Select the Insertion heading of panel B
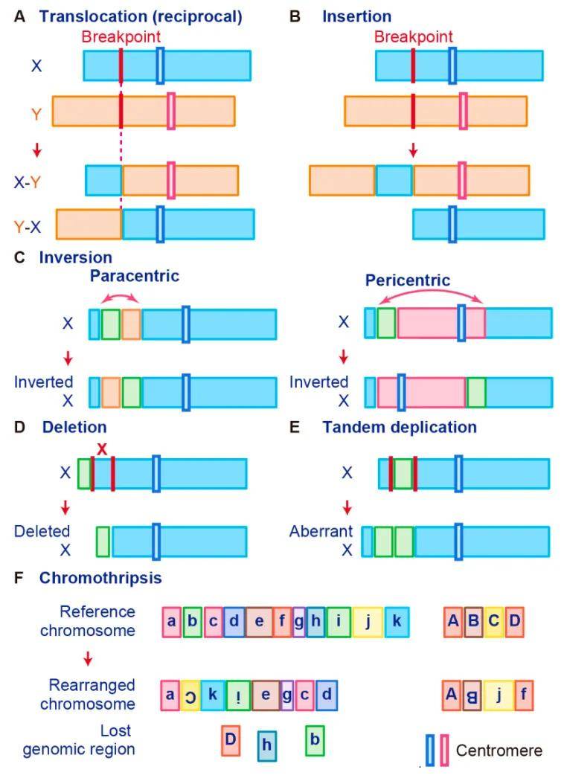(356, 16)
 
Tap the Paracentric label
(135, 276)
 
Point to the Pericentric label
(408, 280)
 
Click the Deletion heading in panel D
(74, 427)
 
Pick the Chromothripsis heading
(100, 578)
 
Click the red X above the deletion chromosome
(102, 449)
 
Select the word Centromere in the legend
(499, 750)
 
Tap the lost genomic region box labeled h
(267, 745)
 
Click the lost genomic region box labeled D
(231, 739)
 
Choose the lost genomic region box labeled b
(315, 740)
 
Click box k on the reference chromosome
(397, 622)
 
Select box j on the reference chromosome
(368, 622)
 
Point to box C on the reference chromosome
(494, 622)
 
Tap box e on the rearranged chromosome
(266, 695)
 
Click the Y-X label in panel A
(28, 227)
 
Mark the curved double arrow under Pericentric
(431, 292)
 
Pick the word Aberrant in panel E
(321, 531)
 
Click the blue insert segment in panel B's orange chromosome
(394, 180)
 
